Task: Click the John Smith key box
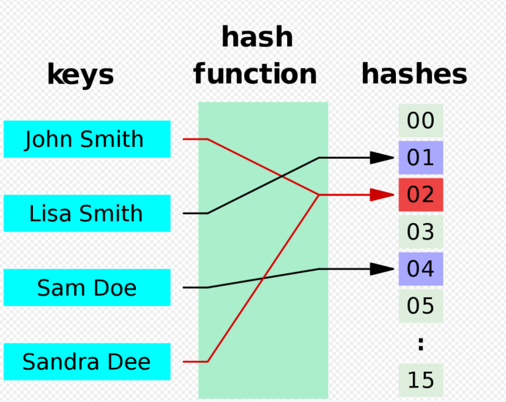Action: [x=87, y=139]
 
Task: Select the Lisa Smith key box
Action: [x=87, y=213]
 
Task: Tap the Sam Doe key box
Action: [x=87, y=287]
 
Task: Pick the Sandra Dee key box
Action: [x=87, y=362]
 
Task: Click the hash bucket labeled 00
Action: [x=421, y=121]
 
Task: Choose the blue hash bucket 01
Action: [x=421, y=157]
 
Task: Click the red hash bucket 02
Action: [x=421, y=195]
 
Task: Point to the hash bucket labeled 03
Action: [x=421, y=232]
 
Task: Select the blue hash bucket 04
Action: [x=421, y=269]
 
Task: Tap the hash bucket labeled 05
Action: [x=421, y=306]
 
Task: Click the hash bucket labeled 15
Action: [x=421, y=380]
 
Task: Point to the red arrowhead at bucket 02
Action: [x=382, y=195]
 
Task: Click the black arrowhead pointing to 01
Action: [x=382, y=157]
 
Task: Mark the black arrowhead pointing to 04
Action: [x=382, y=269]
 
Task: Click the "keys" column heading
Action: [x=81, y=75]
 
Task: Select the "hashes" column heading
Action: [x=414, y=74]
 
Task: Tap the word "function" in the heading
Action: [x=255, y=74]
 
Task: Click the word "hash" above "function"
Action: [x=257, y=37]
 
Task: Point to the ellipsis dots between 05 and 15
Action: [x=421, y=344]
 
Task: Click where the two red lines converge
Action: [x=319, y=195]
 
